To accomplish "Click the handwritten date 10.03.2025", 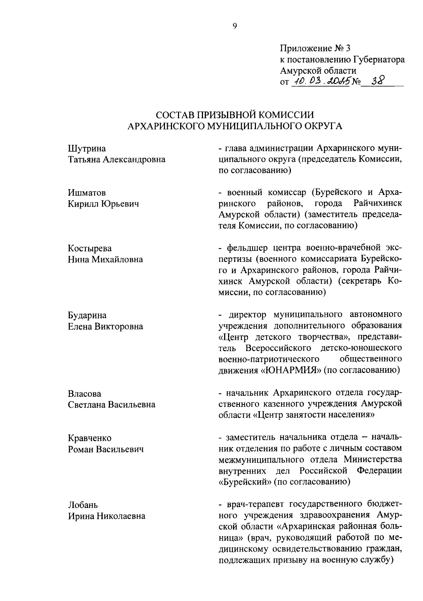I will click(320, 82).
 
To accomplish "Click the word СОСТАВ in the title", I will click(174, 115).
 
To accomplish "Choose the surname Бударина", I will click(87, 315).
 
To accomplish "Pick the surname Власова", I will click(84, 393).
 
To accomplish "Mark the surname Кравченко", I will click(90, 438).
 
